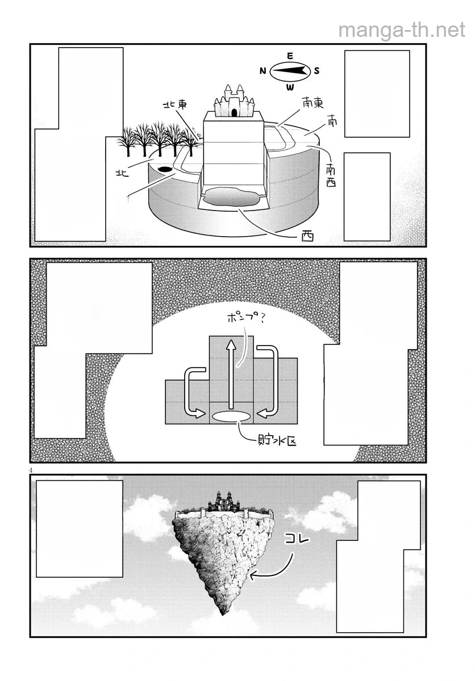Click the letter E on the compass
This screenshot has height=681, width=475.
290,56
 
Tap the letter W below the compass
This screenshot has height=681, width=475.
290,87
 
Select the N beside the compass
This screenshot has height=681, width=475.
263,71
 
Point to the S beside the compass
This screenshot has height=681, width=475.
317,71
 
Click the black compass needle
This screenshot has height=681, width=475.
290,71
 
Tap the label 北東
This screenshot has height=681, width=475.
175,104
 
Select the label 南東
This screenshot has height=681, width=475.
312,103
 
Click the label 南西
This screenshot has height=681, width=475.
331,175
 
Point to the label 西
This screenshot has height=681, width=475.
307,237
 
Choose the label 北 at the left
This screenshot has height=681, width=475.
122,173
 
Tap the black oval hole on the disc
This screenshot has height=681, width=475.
165,169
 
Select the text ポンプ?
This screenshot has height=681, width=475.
245,318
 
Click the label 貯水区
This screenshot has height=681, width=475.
276,440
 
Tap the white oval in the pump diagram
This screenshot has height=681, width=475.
232,417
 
